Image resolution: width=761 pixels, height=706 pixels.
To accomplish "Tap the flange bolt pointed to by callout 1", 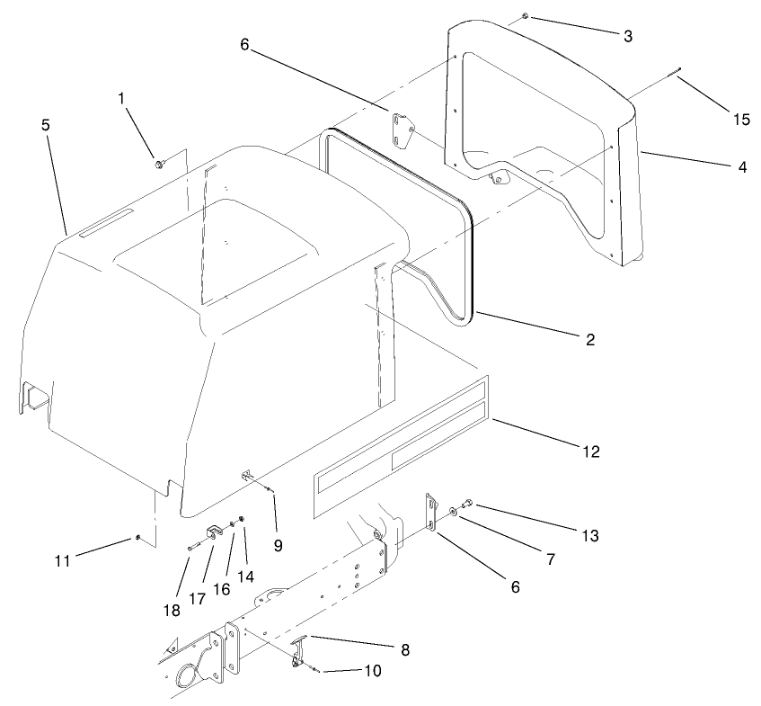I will (159, 164).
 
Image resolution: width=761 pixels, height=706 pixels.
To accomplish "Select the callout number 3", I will (627, 36).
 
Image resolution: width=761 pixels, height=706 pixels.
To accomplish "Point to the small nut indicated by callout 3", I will (526, 17).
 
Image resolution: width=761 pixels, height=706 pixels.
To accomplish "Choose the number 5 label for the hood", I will (46, 125).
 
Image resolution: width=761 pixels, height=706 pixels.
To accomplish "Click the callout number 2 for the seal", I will (589, 340).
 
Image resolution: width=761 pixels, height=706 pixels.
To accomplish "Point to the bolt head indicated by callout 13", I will (468, 505).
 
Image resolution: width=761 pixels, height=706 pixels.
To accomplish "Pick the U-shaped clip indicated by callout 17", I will (216, 532).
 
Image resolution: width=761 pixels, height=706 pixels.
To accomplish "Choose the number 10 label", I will (370, 671).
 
